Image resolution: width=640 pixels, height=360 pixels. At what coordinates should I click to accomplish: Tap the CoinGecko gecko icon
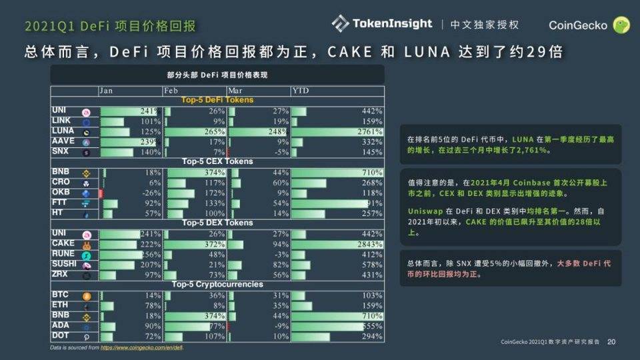621,25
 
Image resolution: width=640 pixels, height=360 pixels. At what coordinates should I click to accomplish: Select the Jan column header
109,91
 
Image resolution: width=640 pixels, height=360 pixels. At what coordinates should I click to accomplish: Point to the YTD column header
299,91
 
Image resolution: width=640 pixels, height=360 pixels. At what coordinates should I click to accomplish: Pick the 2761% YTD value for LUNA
370,132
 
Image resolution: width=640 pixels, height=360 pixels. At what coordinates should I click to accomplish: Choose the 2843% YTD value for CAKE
370,245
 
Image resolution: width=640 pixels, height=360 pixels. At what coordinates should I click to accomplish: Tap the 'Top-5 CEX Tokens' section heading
217,161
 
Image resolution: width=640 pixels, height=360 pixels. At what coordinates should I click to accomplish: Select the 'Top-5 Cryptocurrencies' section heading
217,285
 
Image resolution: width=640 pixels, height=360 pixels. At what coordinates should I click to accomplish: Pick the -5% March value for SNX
280,153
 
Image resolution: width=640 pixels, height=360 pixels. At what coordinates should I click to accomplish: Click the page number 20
611,342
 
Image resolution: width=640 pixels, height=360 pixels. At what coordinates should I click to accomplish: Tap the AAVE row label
63,142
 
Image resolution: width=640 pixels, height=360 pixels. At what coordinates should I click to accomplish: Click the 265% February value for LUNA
215,132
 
